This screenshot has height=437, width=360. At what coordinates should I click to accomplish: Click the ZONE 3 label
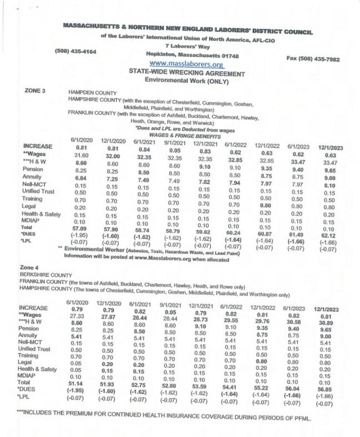tap(35, 89)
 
